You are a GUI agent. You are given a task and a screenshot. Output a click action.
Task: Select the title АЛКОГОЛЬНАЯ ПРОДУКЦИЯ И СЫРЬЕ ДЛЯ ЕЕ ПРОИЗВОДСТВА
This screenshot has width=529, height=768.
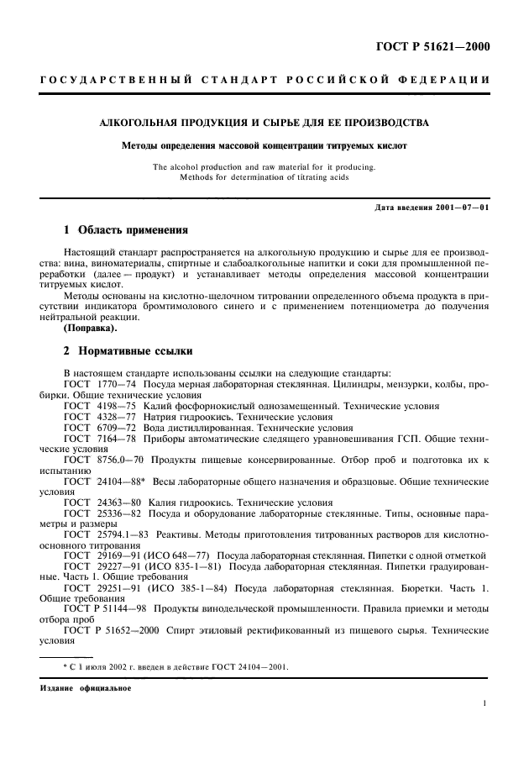pyautogui.click(x=264, y=123)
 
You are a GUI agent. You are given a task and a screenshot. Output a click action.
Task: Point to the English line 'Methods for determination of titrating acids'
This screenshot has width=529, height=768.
pyautogui.click(x=264, y=176)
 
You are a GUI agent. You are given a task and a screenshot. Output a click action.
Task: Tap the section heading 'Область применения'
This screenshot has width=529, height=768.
pyautogui.click(x=132, y=229)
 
